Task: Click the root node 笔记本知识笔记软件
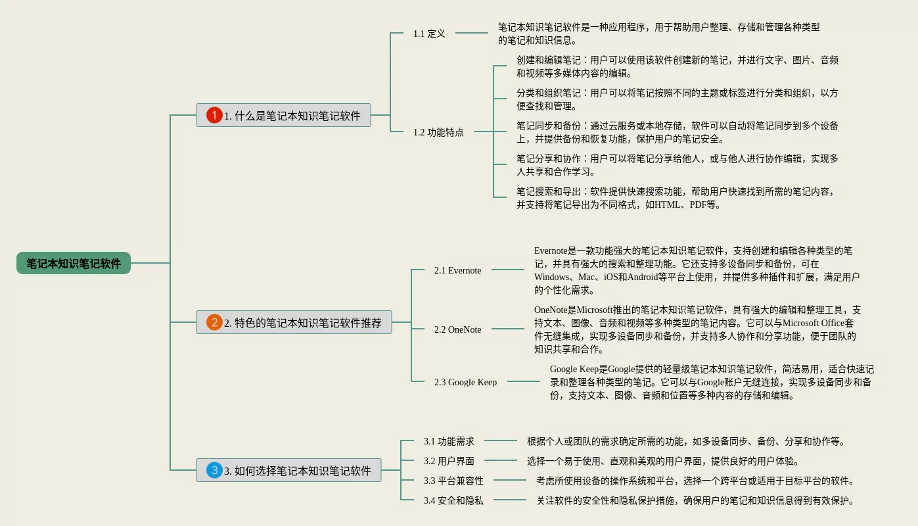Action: (74, 263)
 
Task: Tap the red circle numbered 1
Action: (214, 115)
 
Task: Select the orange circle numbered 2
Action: (214, 322)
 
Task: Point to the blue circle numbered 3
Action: (214, 470)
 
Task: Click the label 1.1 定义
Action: (429, 34)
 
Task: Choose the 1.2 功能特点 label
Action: (438, 132)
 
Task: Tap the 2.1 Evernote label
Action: (457, 270)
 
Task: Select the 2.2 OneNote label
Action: (457, 329)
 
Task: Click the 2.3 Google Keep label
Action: (465, 382)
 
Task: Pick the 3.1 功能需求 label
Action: (449, 441)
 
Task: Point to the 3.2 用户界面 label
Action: (449, 461)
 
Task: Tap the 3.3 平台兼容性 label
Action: (453, 481)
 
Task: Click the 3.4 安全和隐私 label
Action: (453, 500)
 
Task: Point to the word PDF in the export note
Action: (699, 204)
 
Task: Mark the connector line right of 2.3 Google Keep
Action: (523, 381)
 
